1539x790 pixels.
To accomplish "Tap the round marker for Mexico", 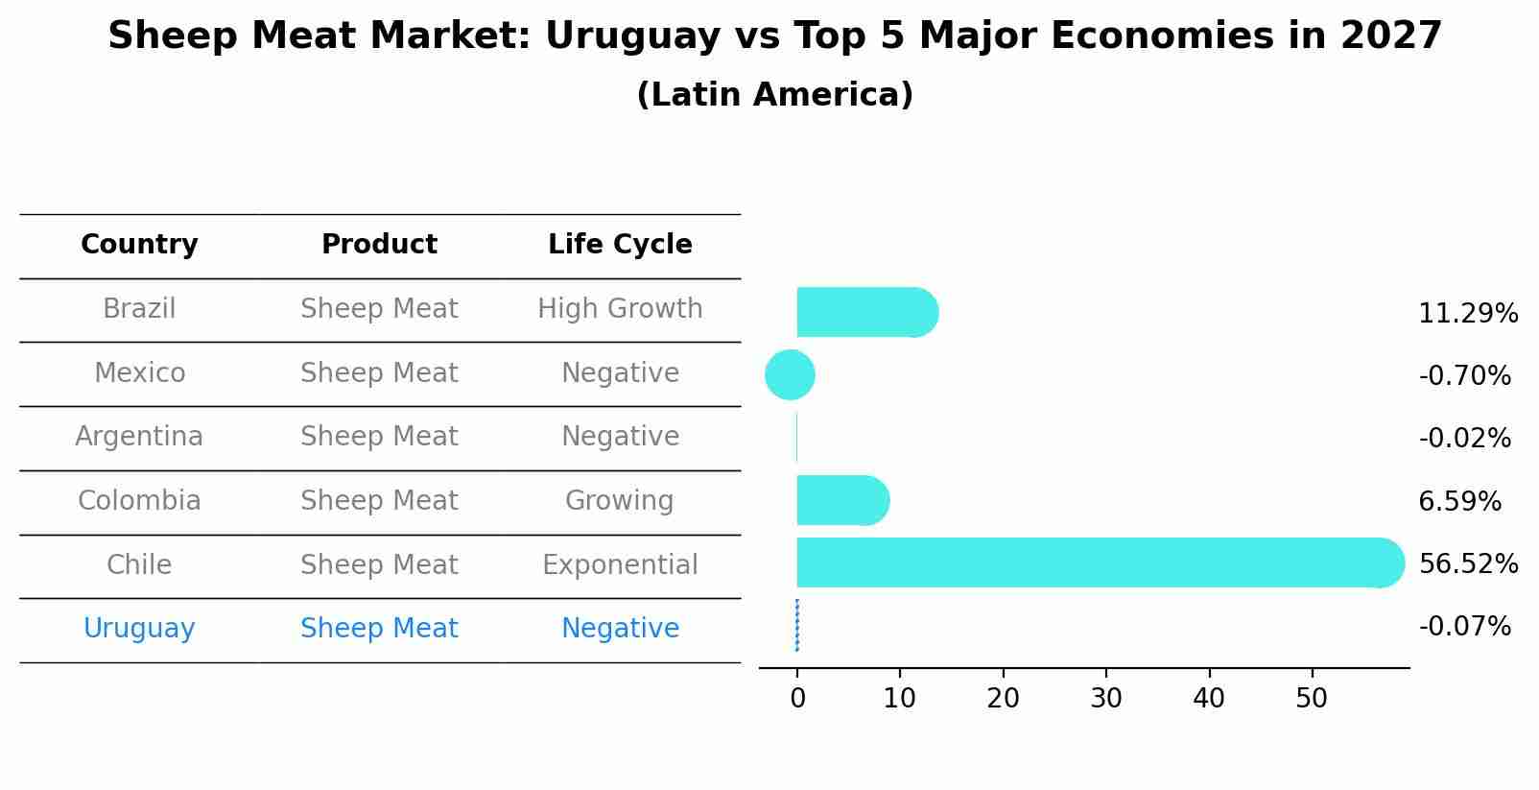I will [x=790, y=374].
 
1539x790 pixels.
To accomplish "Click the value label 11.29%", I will [x=1468, y=314].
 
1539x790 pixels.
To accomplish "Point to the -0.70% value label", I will [x=1464, y=376].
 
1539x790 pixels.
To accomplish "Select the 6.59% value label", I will [x=1459, y=501].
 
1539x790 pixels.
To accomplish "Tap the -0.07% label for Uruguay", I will [x=1464, y=627].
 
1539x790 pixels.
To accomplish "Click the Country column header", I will [x=139, y=245].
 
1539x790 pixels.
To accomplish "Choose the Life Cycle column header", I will [x=620, y=245].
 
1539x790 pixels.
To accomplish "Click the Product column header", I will [x=379, y=245].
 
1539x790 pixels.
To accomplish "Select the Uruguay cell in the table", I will [x=139, y=629].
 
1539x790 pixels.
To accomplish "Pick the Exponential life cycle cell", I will [x=620, y=564].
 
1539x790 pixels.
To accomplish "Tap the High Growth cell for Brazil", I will [x=620, y=309].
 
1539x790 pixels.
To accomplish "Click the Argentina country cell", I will [x=139, y=437].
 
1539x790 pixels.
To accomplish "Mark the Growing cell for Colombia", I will [x=620, y=501].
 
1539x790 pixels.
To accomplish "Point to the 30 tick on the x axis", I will [x=1105, y=699].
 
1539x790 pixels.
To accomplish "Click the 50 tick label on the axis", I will [x=1312, y=699].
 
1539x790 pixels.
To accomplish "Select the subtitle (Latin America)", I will [x=774, y=95].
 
